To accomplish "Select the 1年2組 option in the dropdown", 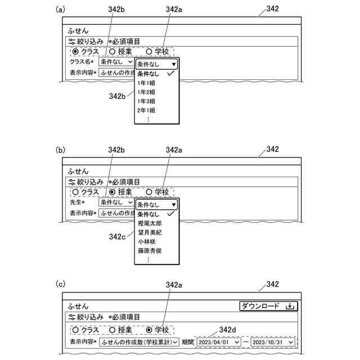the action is click(x=147, y=92).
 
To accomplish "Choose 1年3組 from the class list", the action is click(x=147, y=101).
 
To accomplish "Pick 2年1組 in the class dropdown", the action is click(x=147, y=110).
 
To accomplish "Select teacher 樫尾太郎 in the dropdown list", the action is click(x=150, y=223).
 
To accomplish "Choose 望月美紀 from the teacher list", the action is click(x=150, y=232).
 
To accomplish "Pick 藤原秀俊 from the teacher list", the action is click(x=150, y=250).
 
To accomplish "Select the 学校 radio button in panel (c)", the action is click(x=149, y=330).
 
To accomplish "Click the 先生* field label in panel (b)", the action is click(x=77, y=202).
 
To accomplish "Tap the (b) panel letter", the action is click(x=61, y=150).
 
